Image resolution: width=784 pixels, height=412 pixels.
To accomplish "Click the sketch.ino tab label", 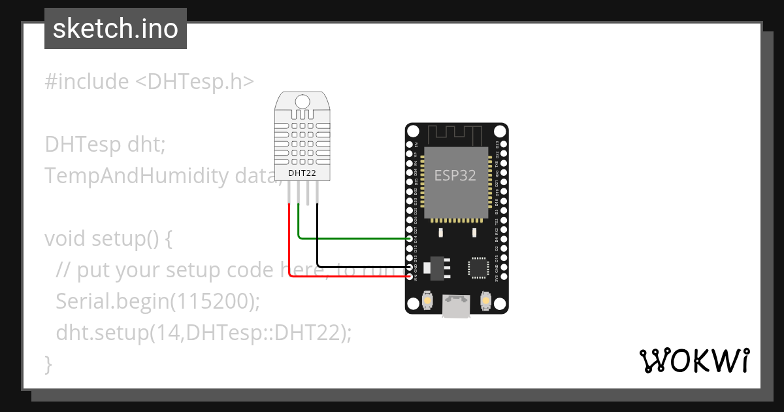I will (115, 29).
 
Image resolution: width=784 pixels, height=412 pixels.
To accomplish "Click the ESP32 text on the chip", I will (455, 175).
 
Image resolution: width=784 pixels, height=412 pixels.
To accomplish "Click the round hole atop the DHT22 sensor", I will (302, 101).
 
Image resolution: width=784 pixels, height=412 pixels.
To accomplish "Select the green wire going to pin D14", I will (353, 239).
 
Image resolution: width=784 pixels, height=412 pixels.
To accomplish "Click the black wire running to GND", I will (359, 267).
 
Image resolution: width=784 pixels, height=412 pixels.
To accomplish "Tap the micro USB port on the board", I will (456, 305).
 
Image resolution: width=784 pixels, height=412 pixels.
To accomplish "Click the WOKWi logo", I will (694, 360).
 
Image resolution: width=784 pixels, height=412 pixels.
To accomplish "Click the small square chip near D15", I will (478, 267).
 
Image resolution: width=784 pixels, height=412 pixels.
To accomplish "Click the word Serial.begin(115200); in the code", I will (157, 301).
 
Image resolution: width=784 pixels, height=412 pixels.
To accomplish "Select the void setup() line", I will (108, 239).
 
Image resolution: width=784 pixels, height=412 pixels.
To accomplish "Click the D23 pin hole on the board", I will (502, 144).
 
